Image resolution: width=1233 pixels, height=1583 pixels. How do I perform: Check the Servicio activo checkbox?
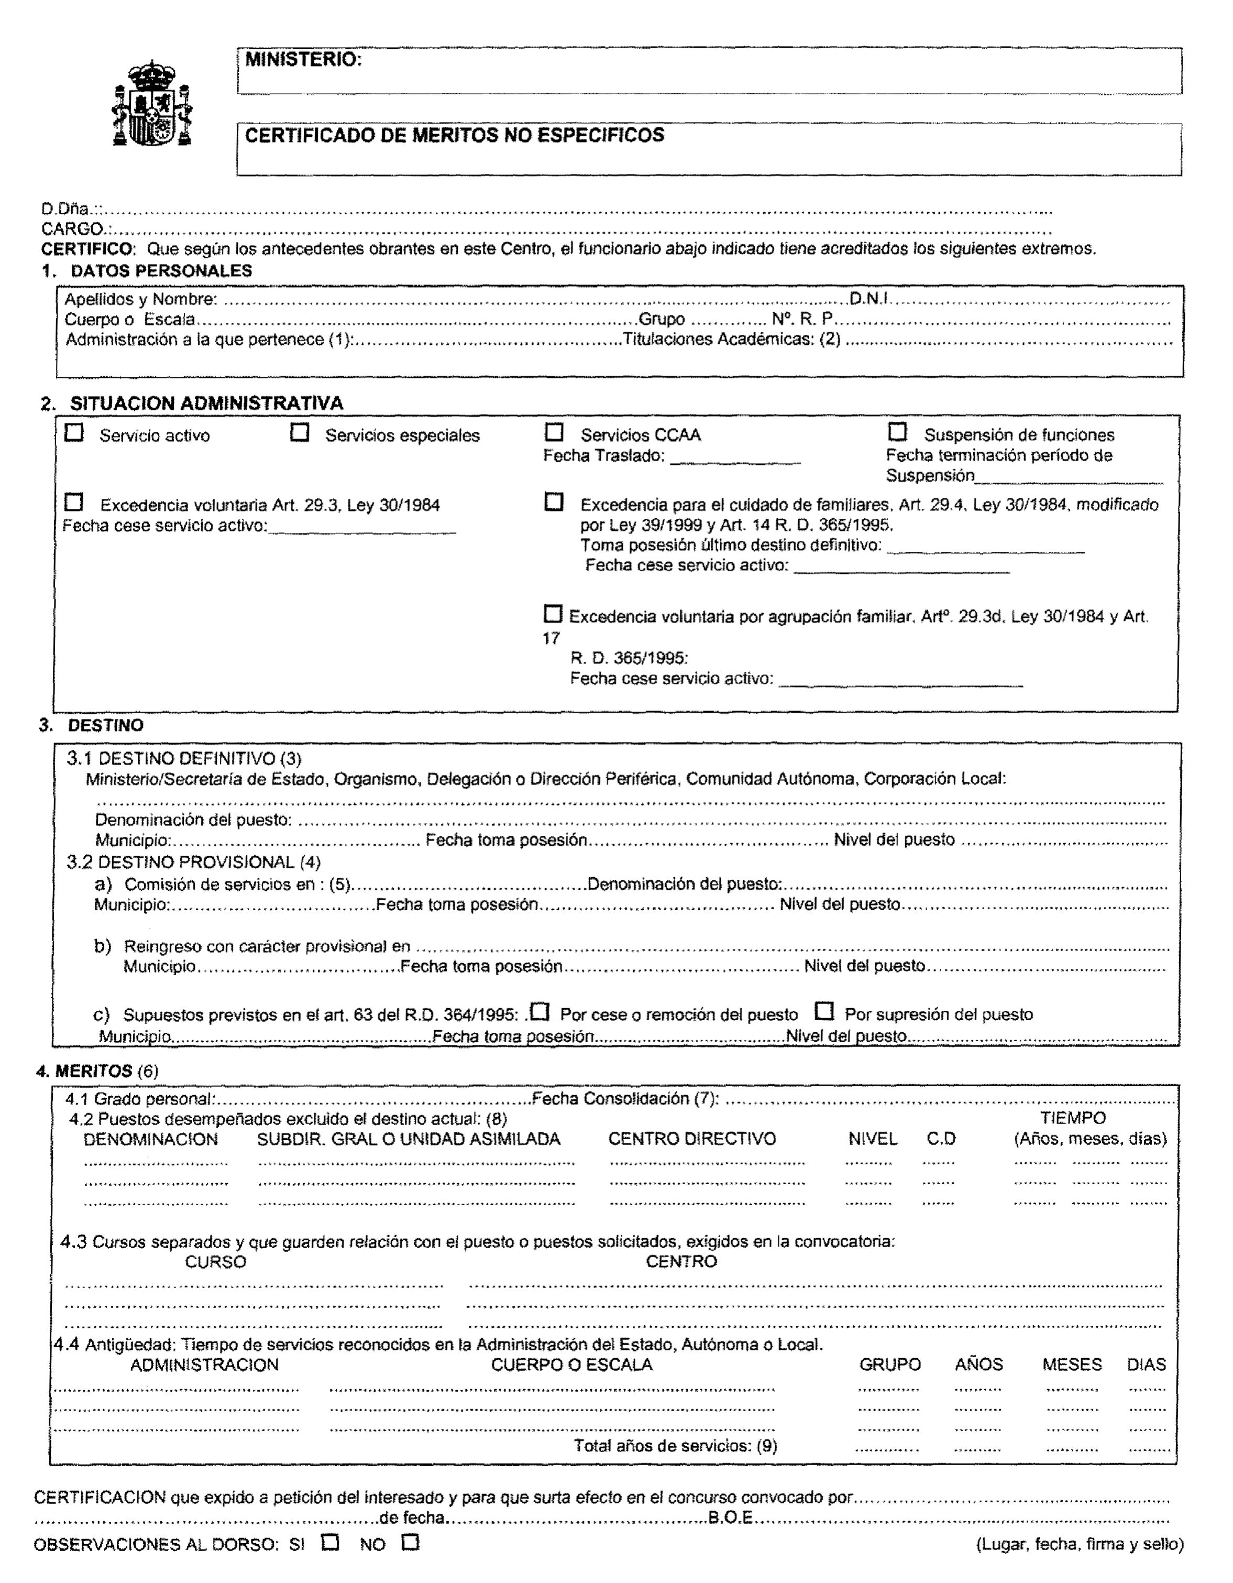click(x=74, y=433)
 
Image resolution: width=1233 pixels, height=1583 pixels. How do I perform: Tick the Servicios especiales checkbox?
click(x=299, y=433)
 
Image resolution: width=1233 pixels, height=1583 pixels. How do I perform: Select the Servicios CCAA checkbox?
click(x=554, y=433)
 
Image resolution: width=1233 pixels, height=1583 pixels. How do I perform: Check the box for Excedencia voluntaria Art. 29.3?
click(x=74, y=503)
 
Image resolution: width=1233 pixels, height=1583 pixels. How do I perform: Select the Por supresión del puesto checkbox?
click(x=824, y=1010)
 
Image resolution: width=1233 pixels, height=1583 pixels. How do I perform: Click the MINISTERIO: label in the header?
click(x=303, y=60)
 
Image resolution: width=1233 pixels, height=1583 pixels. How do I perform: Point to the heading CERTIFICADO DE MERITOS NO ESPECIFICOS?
click(x=454, y=136)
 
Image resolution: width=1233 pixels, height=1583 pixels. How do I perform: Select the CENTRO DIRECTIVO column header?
click(x=692, y=1139)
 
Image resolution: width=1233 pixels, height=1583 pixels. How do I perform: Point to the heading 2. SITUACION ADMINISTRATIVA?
click(x=192, y=403)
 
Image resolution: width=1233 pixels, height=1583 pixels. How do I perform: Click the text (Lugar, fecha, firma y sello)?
click(x=1080, y=1544)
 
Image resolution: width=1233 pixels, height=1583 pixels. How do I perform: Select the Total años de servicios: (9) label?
click(x=675, y=1446)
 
